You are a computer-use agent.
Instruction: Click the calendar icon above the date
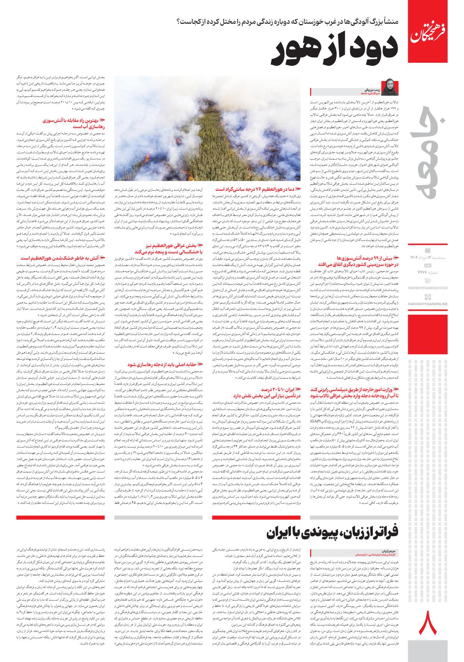(x=427, y=250)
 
